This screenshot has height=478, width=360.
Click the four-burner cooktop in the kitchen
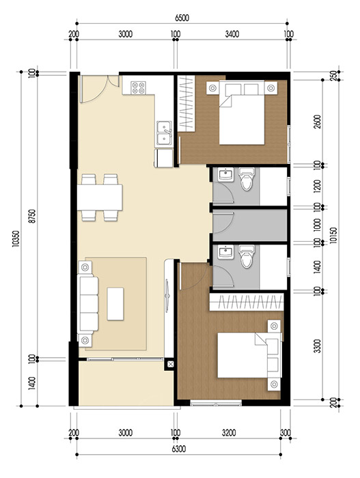[139, 87]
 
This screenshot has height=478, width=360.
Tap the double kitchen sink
[164, 134]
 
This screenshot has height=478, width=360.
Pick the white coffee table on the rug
[116, 303]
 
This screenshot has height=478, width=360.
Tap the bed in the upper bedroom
[243, 113]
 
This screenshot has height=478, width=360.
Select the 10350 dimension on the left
[16, 239]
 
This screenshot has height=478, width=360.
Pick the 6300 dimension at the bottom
[180, 448]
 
